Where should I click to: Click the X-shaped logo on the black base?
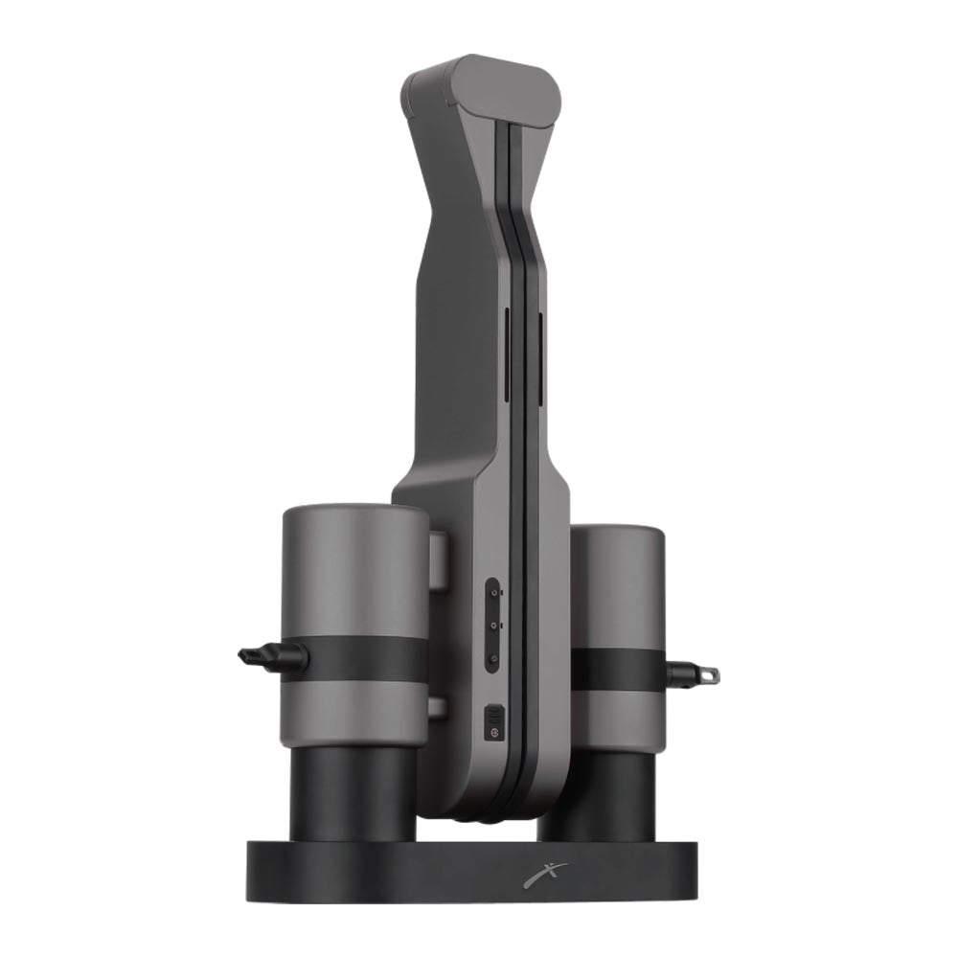pos(545,875)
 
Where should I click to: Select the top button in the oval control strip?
pos(492,594)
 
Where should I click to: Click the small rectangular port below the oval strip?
pos(493,719)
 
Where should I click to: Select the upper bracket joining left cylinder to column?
pos(438,560)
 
